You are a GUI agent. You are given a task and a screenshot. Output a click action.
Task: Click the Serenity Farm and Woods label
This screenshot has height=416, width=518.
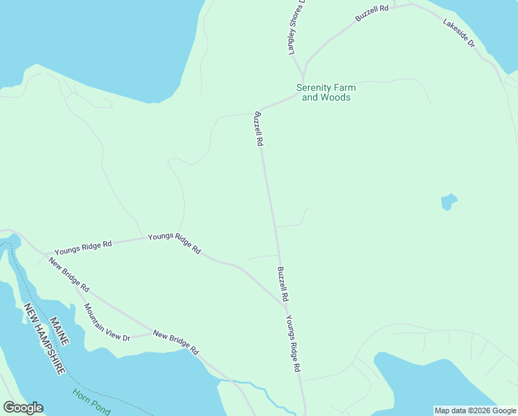325,92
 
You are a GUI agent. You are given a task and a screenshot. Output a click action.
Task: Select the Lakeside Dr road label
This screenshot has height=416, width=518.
459,33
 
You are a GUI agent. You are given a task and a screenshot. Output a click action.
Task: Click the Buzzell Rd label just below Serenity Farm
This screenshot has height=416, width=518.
259,128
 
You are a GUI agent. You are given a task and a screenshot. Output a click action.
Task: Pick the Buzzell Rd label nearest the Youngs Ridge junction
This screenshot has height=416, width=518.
283,284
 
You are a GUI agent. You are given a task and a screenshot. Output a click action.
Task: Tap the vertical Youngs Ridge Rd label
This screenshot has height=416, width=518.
294,345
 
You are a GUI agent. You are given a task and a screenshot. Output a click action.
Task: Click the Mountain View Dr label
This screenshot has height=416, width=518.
107,322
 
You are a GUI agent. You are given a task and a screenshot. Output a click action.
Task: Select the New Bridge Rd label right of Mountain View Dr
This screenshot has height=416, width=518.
175,342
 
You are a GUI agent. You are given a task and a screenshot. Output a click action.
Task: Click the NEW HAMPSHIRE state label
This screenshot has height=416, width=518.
44,340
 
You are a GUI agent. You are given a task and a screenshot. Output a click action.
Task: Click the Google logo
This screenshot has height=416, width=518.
23,408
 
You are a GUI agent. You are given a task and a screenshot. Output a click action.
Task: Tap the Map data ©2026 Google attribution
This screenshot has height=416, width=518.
474,410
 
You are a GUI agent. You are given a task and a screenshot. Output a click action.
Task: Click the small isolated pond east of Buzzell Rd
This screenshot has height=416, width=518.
449,202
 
